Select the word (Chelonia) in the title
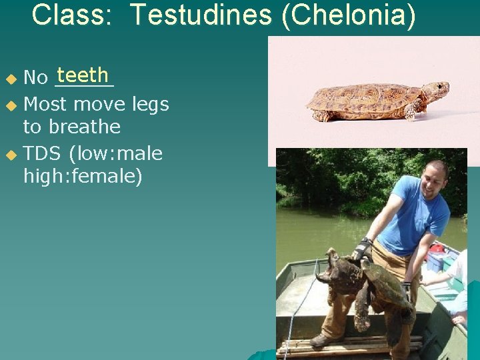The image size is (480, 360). tap(348, 15)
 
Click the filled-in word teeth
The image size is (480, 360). tap(83, 75)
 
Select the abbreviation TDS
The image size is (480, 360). tap(42, 154)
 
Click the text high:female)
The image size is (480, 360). tap(83, 177)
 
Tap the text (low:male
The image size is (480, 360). tap(115, 154)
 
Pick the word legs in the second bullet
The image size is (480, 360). tap(150, 104)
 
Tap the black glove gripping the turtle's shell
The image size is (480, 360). tap(361, 249)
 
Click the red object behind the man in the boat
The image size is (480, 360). tap(437, 248)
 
